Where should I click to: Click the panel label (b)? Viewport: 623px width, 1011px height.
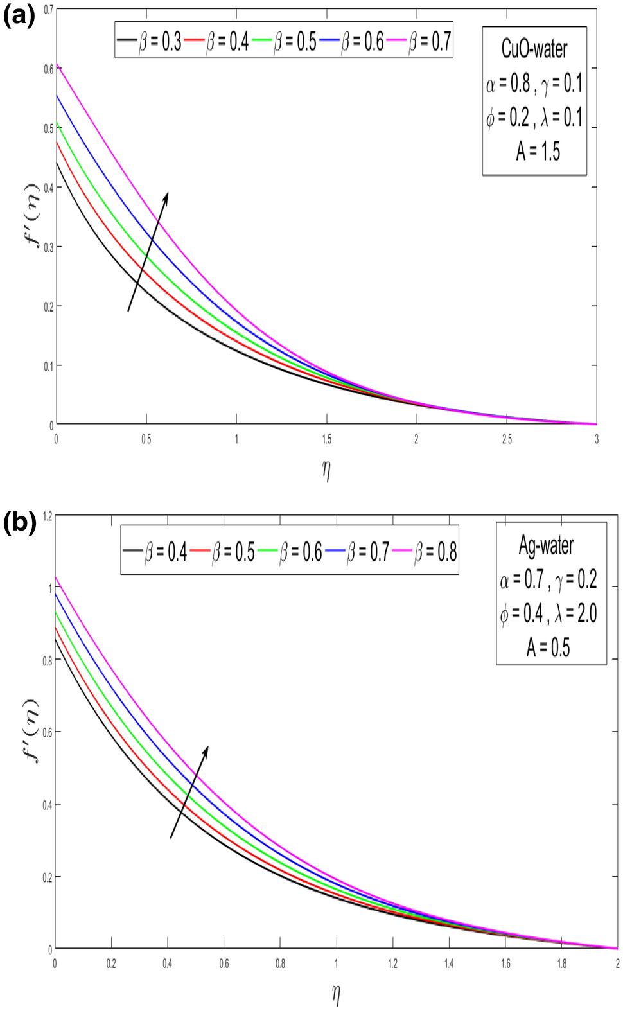[19, 522]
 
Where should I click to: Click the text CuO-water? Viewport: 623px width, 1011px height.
[534, 49]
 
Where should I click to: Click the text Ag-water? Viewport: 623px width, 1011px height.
[546, 545]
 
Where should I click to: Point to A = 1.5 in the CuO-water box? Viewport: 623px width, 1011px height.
[538, 152]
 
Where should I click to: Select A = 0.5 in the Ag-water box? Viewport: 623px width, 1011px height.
[548, 647]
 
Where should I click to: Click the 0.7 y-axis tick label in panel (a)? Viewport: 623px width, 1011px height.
[49, 10]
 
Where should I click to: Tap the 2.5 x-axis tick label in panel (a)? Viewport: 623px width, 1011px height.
[507, 439]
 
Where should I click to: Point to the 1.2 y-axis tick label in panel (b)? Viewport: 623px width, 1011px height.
[46, 516]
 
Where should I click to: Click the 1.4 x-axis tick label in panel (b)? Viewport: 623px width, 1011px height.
[449, 963]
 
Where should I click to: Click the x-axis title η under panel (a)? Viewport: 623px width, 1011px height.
[326, 470]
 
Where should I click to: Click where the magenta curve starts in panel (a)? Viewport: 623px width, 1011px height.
[57, 65]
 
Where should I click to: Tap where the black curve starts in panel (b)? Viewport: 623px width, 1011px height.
[55, 637]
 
